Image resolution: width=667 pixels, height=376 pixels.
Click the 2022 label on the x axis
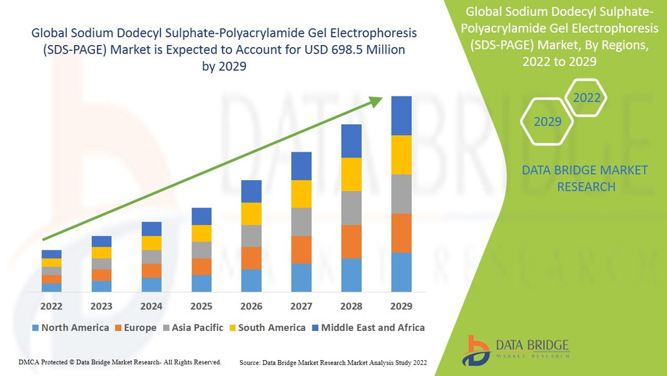coord(51,306)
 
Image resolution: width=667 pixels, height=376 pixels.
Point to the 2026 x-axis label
coord(251,306)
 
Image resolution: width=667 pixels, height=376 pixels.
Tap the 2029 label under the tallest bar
coord(401,306)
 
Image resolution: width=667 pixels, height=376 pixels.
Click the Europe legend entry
coord(135,328)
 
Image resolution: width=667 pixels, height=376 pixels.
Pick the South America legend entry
coord(266,328)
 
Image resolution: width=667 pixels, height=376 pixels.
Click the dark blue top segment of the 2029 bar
coord(401,115)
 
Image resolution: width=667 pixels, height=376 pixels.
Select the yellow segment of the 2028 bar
coord(351,174)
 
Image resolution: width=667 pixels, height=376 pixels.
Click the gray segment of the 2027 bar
coord(301,221)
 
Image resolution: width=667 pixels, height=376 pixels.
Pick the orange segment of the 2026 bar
coord(251,258)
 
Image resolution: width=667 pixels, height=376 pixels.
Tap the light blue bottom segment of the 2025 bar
coord(202,283)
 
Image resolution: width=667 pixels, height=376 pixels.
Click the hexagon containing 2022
coord(587,97)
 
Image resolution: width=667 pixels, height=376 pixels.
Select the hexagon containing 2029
coord(547,121)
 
